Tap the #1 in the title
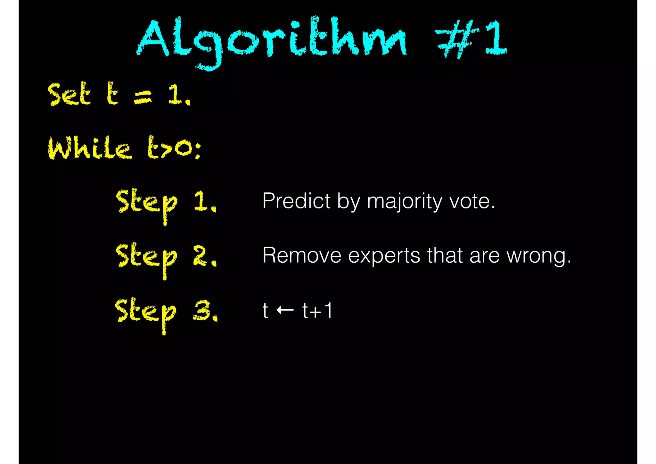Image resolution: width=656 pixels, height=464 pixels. tap(471, 38)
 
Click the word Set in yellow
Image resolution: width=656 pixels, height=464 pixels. tap(69, 94)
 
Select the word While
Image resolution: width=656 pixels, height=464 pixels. tap(90, 148)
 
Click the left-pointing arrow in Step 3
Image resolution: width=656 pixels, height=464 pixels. tap(285, 310)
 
